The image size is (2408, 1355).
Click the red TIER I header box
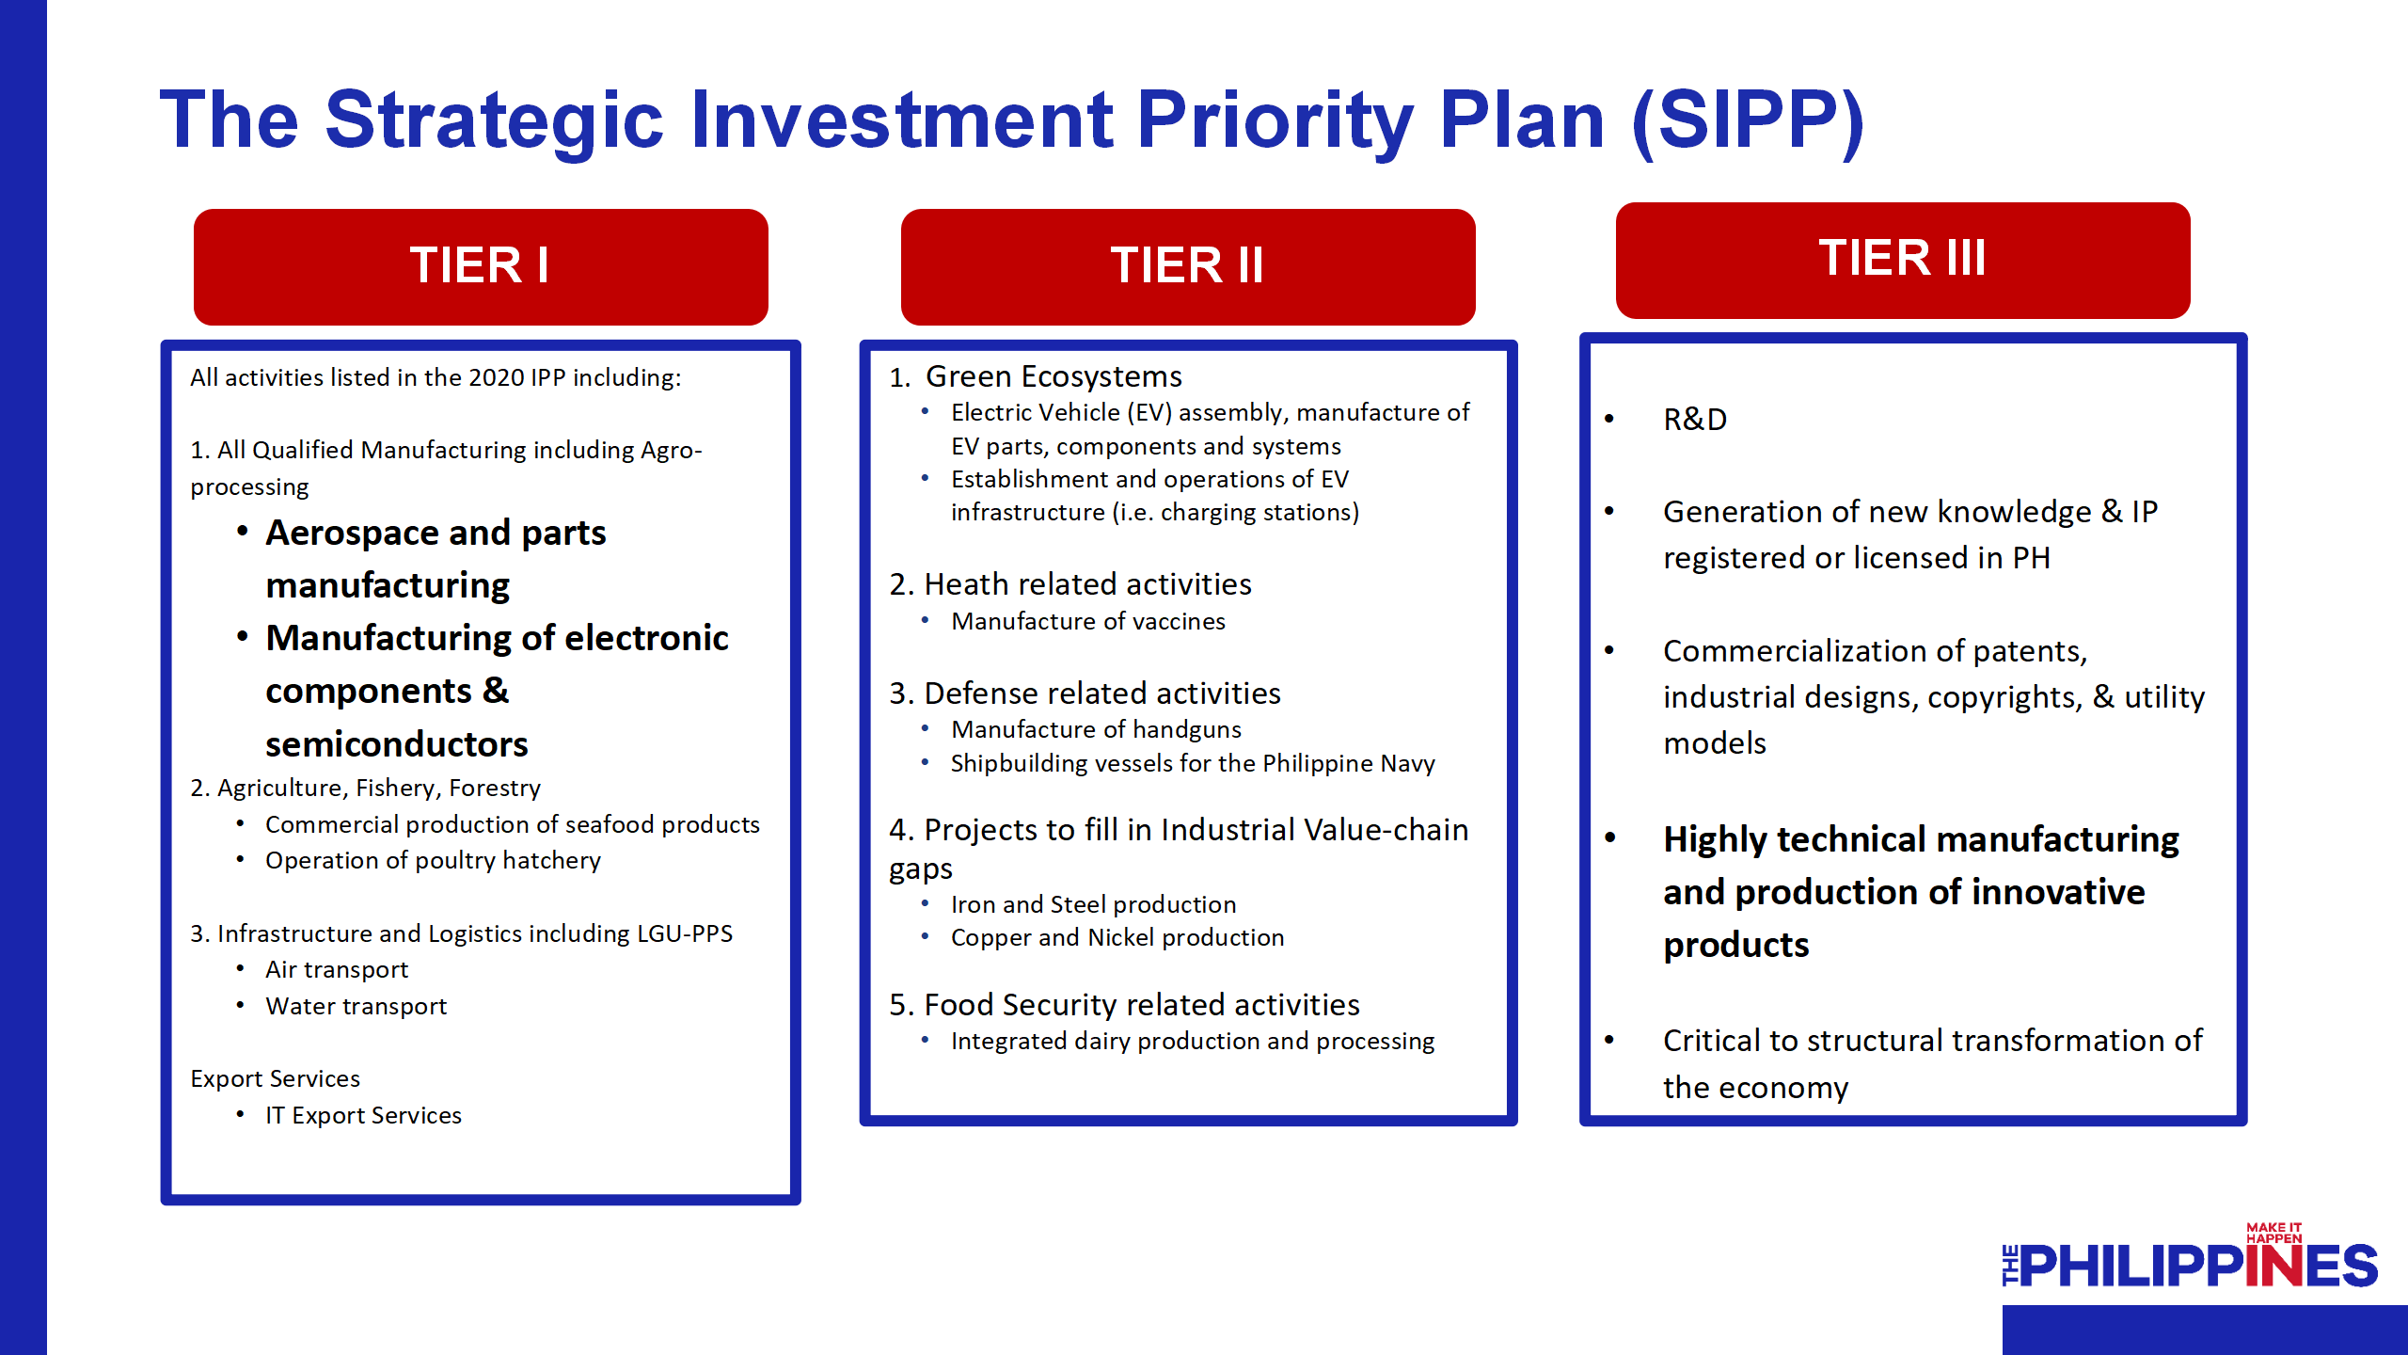[x=481, y=267]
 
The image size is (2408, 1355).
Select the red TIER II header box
[x=1188, y=267]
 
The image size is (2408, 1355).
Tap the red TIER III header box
[x=1903, y=261]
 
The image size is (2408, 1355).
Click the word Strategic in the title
[x=495, y=120]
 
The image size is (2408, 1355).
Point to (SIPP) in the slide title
[x=1748, y=122]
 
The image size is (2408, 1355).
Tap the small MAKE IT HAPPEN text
[x=2273, y=1233]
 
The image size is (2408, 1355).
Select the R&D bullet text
[x=1695, y=420]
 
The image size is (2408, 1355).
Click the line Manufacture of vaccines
[x=1088, y=622]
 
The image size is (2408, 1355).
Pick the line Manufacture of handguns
[x=1096, y=730]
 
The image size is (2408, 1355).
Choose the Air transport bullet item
[x=337, y=970]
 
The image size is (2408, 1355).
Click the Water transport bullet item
[x=356, y=1007]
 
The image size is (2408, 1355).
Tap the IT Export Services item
[x=363, y=1116]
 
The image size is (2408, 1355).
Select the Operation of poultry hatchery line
[x=433, y=861]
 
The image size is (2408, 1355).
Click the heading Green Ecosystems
[x=1053, y=376]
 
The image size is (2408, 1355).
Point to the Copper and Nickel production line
[x=1117, y=938]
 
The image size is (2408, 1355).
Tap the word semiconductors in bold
[x=397, y=745]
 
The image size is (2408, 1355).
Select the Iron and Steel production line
[x=1094, y=905]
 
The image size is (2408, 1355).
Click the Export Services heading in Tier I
[x=275, y=1079]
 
